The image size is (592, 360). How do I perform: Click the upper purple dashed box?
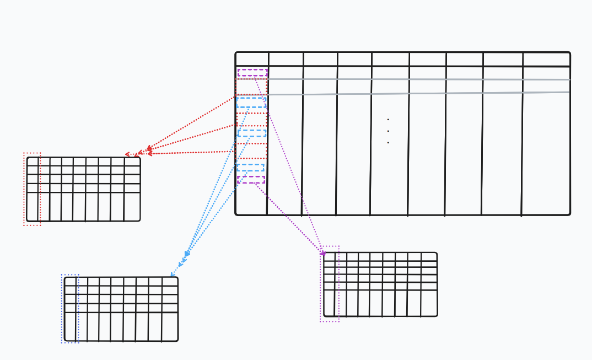(252, 73)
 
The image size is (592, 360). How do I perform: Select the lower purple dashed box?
(251, 180)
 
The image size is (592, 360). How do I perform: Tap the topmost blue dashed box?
(251, 103)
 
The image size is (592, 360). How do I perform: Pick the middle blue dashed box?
(251, 133)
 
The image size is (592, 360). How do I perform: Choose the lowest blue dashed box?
(250, 167)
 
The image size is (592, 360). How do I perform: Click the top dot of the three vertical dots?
(388, 120)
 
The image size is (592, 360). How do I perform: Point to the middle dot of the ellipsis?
(388, 131)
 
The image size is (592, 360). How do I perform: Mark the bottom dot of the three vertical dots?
(388, 143)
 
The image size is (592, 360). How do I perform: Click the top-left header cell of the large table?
(252, 60)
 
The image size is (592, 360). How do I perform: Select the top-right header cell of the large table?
(546, 60)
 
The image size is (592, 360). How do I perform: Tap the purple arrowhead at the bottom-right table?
(324, 254)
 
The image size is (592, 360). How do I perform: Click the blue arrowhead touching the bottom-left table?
(172, 275)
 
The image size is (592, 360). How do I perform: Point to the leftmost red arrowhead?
(128, 154)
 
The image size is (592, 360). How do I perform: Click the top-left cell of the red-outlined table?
(33, 162)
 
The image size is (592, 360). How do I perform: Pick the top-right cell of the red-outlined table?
(132, 162)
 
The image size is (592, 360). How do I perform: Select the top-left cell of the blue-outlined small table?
(70, 281)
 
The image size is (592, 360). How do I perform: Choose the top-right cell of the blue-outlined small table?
(170, 281)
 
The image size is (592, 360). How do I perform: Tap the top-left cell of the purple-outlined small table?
(329, 256)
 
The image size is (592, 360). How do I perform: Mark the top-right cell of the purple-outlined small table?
(429, 256)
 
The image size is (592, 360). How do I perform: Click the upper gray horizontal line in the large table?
(419, 79)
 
